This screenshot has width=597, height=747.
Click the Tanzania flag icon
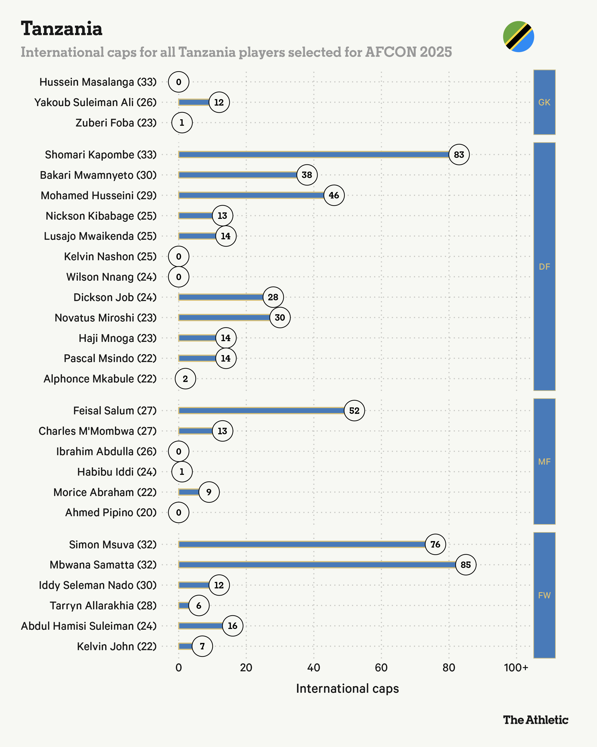[x=518, y=36]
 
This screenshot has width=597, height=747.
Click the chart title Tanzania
[x=62, y=28]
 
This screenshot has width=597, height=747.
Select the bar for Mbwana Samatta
[x=317, y=565]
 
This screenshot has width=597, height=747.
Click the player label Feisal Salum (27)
[x=115, y=411]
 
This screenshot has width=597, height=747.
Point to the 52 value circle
[x=354, y=411]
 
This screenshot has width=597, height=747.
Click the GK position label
[x=544, y=102]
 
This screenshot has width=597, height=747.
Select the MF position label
[x=544, y=461]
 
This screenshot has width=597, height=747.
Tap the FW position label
[x=544, y=595]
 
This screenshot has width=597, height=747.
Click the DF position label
[x=544, y=266]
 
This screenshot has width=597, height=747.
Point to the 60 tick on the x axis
[x=381, y=668]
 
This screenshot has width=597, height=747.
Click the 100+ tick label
[x=516, y=668]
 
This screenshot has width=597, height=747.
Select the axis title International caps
[x=347, y=688]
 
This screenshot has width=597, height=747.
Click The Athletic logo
[x=535, y=720]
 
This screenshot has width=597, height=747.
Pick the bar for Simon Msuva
[x=301, y=544]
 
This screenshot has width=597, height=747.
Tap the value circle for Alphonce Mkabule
[x=185, y=379]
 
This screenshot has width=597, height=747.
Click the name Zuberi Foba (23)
[x=116, y=123]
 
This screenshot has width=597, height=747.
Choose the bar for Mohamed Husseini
[x=251, y=195]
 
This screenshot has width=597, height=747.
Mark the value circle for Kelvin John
[x=202, y=646]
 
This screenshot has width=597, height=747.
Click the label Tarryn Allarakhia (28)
[x=103, y=606]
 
